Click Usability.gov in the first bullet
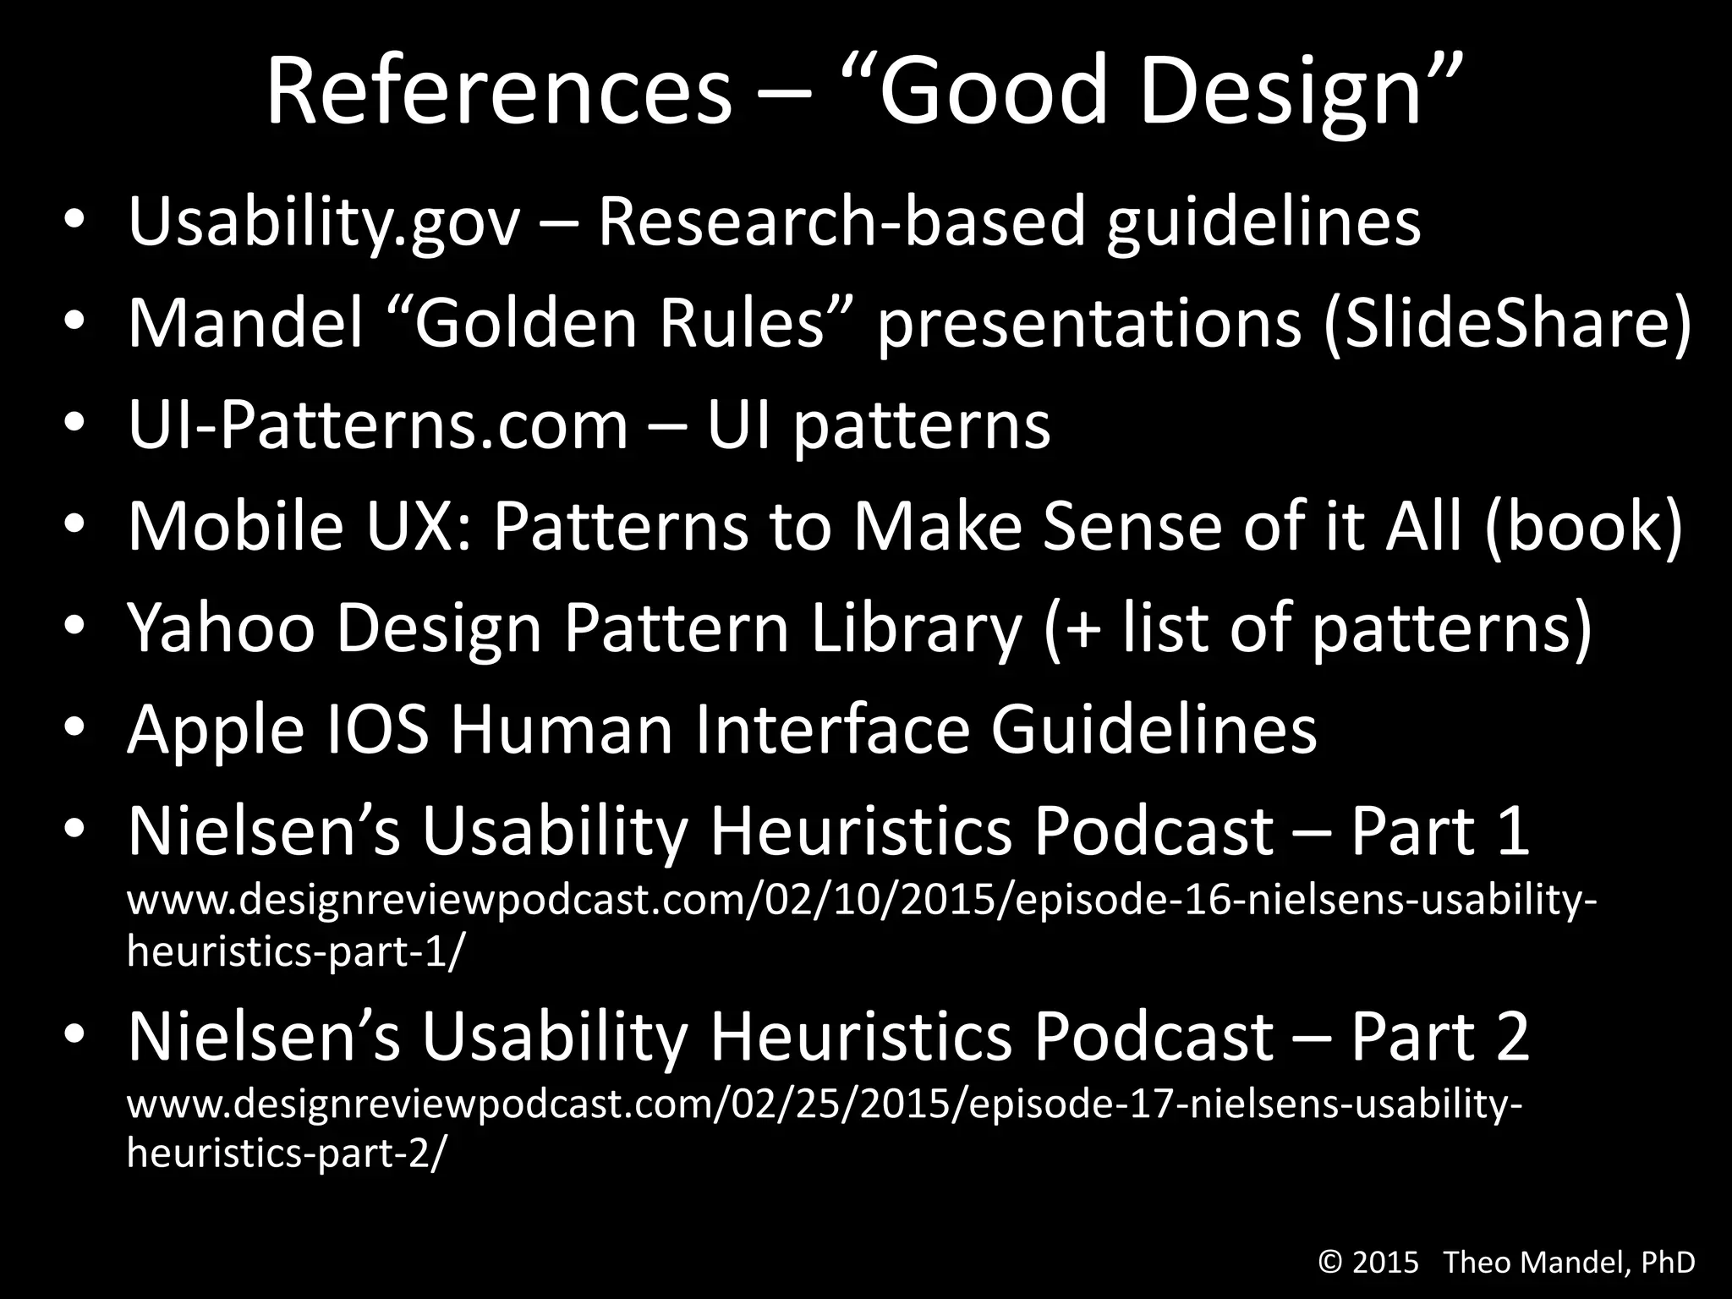323,222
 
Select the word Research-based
841,222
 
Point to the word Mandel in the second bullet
245,323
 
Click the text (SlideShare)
1507,323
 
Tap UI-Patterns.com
378,425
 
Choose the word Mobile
235,526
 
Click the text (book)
1582,526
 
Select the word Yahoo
221,628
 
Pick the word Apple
216,729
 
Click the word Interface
832,729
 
